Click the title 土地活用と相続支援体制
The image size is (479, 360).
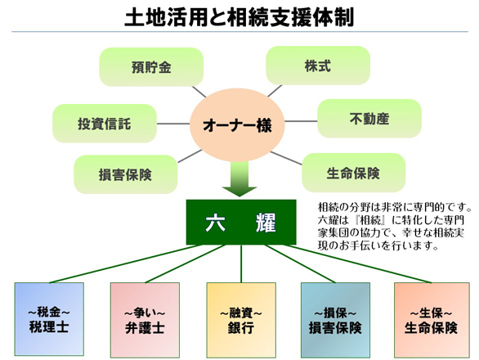239,17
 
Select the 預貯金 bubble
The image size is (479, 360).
151,67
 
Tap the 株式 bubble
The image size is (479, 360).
318,65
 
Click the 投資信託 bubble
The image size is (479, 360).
105,124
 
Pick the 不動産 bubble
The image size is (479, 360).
369,119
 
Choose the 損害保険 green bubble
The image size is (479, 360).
126,174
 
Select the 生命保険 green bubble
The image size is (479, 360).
354,173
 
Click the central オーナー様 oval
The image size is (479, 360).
237,125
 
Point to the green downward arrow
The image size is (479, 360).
239,179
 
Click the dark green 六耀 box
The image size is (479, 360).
241,223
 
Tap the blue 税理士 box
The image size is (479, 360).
49,319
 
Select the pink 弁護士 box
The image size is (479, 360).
145,320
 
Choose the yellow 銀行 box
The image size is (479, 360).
241,320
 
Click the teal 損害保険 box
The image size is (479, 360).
335,320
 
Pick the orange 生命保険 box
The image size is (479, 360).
432,320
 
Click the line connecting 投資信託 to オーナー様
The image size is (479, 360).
173,124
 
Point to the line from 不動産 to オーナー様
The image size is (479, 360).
301,121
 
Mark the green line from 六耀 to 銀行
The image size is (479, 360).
241,263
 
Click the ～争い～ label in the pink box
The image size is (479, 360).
145,313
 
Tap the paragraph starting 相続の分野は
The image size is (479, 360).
394,227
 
